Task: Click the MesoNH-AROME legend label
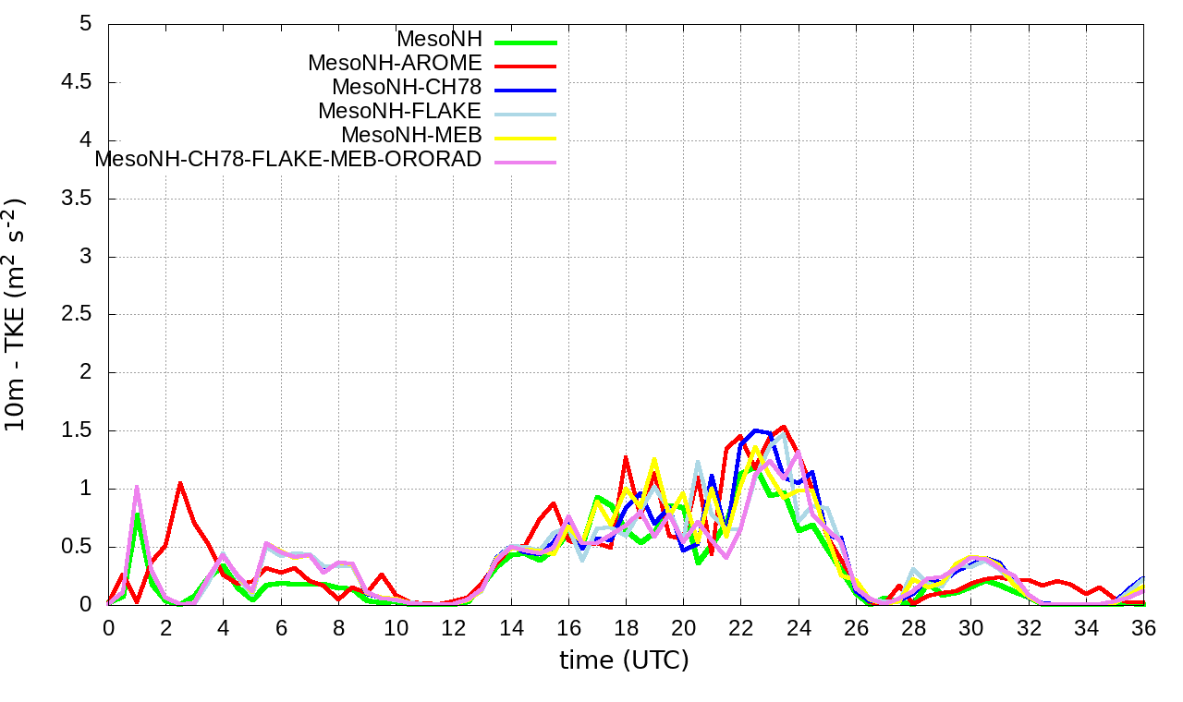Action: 395,64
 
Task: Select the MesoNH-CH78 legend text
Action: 407,88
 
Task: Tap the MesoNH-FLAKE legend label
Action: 399,112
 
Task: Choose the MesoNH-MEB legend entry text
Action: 411,136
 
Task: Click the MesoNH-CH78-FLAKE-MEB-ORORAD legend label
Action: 288,159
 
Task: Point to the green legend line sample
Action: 525,42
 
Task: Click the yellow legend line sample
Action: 525,138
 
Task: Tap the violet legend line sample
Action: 525,162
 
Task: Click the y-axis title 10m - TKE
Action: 16,314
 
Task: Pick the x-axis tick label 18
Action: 627,626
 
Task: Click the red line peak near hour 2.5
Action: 180,483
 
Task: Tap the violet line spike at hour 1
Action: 137,487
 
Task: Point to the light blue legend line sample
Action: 525,114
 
